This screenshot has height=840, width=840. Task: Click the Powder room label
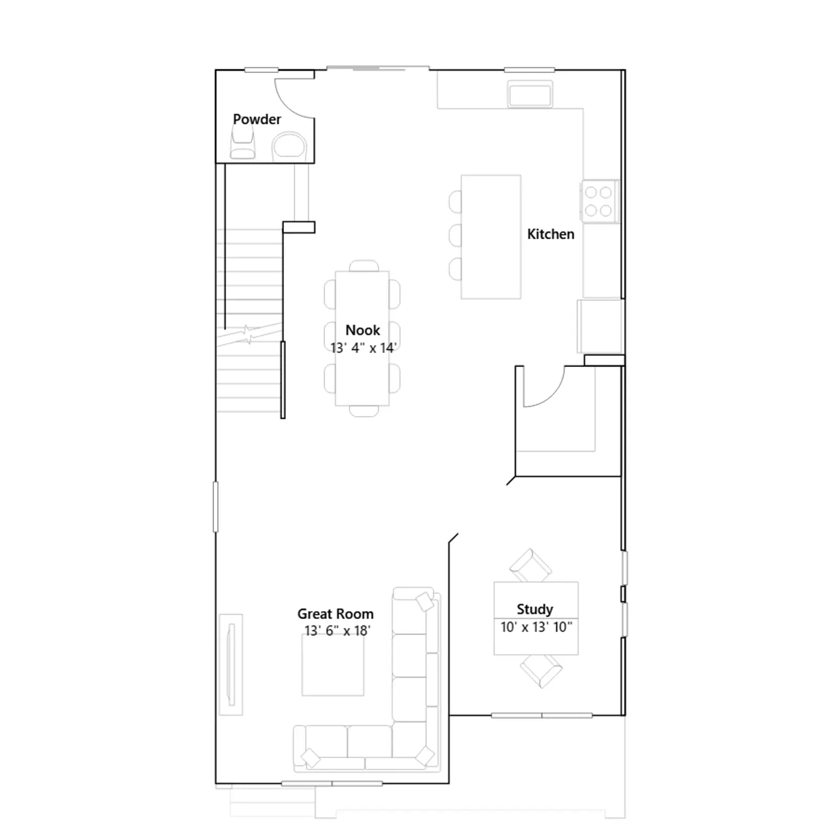(x=257, y=119)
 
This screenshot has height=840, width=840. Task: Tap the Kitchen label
(x=551, y=234)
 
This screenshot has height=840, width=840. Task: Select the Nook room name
(x=363, y=330)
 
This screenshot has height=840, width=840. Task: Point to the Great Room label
(x=335, y=614)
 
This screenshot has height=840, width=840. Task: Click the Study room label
(x=535, y=609)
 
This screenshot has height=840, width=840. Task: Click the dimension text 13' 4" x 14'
(x=363, y=348)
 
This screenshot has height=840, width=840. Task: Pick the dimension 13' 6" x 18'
(x=338, y=631)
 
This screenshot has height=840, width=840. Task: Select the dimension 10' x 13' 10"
(x=537, y=627)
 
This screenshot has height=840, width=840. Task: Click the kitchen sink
(x=530, y=94)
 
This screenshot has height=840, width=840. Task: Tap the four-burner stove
(x=599, y=202)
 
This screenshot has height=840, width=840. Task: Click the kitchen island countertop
(x=491, y=237)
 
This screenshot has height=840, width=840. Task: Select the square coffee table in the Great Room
(x=333, y=665)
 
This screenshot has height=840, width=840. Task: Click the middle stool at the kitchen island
(x=455, y=235)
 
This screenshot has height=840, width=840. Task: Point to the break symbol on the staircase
(x=247, y=335)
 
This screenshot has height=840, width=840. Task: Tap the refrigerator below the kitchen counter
(x=600, y=326)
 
